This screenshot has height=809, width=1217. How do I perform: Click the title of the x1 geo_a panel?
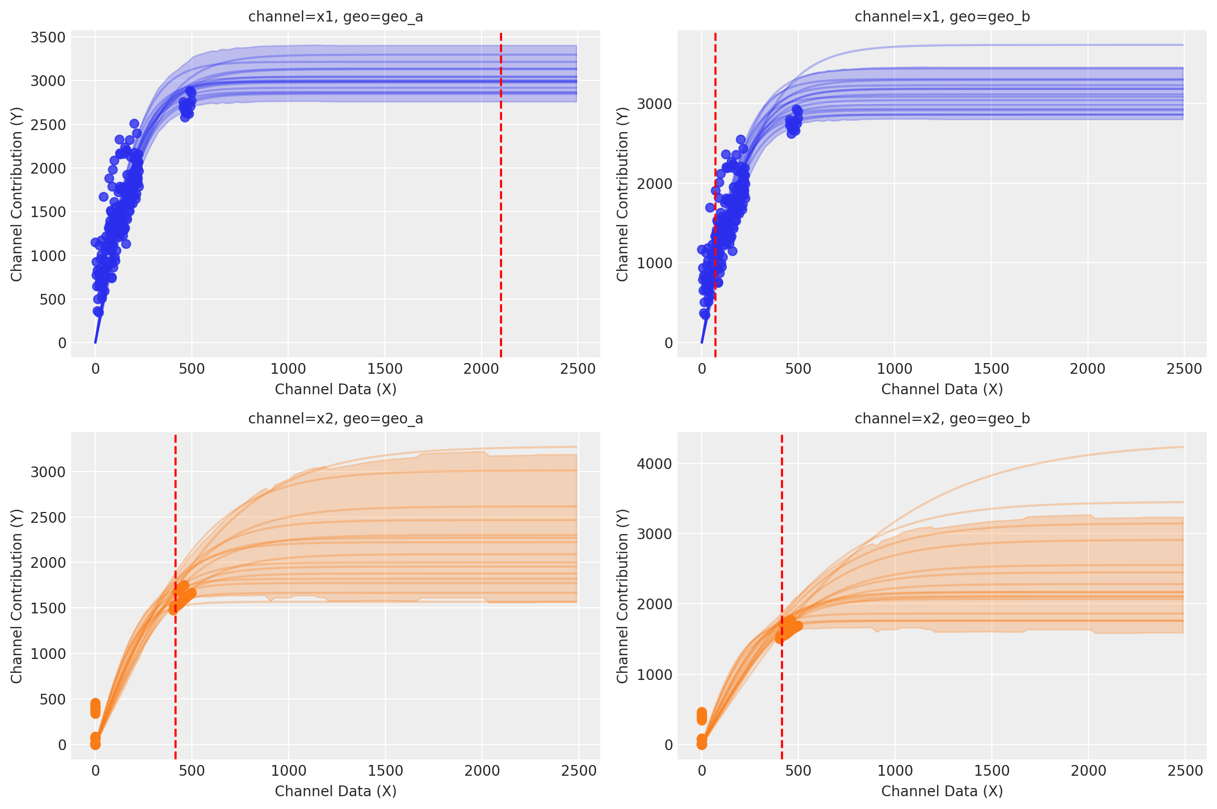[x=336, y=17]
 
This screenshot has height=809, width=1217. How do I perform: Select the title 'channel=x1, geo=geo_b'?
[x=942, y=17]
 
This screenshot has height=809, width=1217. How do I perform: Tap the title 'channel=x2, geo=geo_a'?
[x=336, y=418]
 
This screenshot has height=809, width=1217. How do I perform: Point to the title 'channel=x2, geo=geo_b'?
[x=942, y=418]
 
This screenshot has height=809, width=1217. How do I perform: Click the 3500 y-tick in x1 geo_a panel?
[x=48, y=38]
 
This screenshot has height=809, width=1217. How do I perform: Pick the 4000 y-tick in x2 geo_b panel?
[x=654, y=464]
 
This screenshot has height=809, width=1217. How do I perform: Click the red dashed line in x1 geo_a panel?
[x=501, y=206]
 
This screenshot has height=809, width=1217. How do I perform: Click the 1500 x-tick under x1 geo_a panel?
[x=385, y=369]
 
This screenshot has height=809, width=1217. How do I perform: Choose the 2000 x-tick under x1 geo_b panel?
[x=1088, y=369]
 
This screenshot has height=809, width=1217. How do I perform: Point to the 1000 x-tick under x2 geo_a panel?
[x=288, y=771]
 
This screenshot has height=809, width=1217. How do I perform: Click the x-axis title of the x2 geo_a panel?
[x=336, y=791]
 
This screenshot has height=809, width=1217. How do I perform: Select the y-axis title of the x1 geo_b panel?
[x=622, y=194]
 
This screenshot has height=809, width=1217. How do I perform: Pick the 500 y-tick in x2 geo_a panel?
[x=53, y=699]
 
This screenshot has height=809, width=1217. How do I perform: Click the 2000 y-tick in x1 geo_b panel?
[x=654, y=184]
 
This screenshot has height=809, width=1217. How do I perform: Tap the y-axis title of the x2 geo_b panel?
[x=622, y=596]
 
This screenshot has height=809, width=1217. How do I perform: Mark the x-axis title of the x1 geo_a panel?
[x=336, y=389]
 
